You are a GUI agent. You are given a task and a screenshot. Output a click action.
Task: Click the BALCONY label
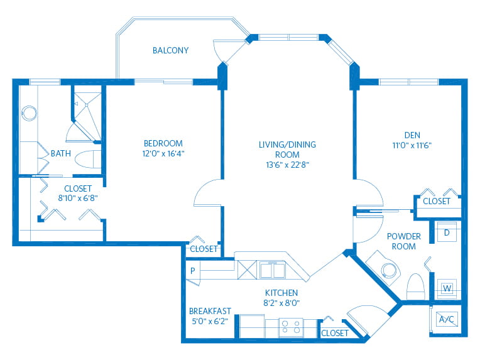[x=170, y=50]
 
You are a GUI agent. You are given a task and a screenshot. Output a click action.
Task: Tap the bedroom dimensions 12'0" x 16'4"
[x=163, y=154]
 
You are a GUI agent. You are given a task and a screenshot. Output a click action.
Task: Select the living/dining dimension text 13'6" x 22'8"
[x=288, y=165]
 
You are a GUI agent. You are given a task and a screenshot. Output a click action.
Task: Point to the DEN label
[x=412, y=135]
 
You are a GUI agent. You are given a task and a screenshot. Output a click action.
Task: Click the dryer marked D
[x=447, y=232]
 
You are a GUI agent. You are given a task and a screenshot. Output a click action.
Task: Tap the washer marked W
[x=447, y=288]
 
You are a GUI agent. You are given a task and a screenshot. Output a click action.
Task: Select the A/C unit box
[x=447, y=319]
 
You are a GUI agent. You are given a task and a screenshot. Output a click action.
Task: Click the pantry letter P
[x=192, y=271]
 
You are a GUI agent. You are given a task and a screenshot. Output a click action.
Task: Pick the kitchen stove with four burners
[x=291, y=327]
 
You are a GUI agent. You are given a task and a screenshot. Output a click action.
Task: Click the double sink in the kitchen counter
[x=273, y=270]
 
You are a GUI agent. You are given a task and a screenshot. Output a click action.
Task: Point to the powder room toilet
[x=415, y=287]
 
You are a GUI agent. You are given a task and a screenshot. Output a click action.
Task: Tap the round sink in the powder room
[x=390, y=271]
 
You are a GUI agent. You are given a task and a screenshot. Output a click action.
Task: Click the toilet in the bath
[x=88, y=159]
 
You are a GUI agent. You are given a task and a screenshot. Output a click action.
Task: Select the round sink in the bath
[x=29, y=113]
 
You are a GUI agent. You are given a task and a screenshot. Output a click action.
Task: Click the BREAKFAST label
[x=210, y=311]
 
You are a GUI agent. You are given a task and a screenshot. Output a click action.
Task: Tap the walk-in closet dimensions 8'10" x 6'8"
[x=78, y=199]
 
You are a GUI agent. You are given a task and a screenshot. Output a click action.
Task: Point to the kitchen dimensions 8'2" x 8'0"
[x=281, y=303]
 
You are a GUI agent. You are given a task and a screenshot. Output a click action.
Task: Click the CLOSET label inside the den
[x=437, y=201]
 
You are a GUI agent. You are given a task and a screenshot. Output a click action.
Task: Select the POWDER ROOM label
[x=404, y=241]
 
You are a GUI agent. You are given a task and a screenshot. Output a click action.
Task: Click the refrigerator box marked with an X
[x=247, y=270]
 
